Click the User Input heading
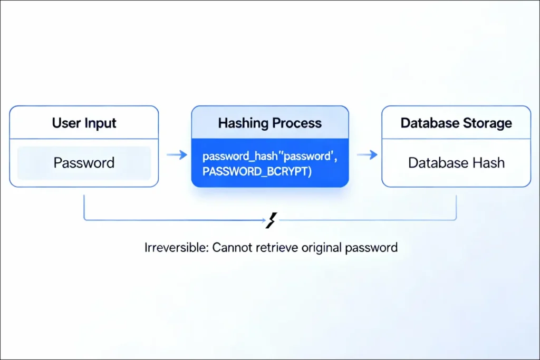[x=84, y=123]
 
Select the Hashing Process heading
[x=269, y=123]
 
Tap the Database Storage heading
[x=456, y=123]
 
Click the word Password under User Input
[x=84, y=162]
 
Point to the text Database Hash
[x=456, y=162]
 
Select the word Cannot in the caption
[x=229, y=247]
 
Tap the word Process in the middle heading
[x=296, y=123]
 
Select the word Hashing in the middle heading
[x=243, y=123]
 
